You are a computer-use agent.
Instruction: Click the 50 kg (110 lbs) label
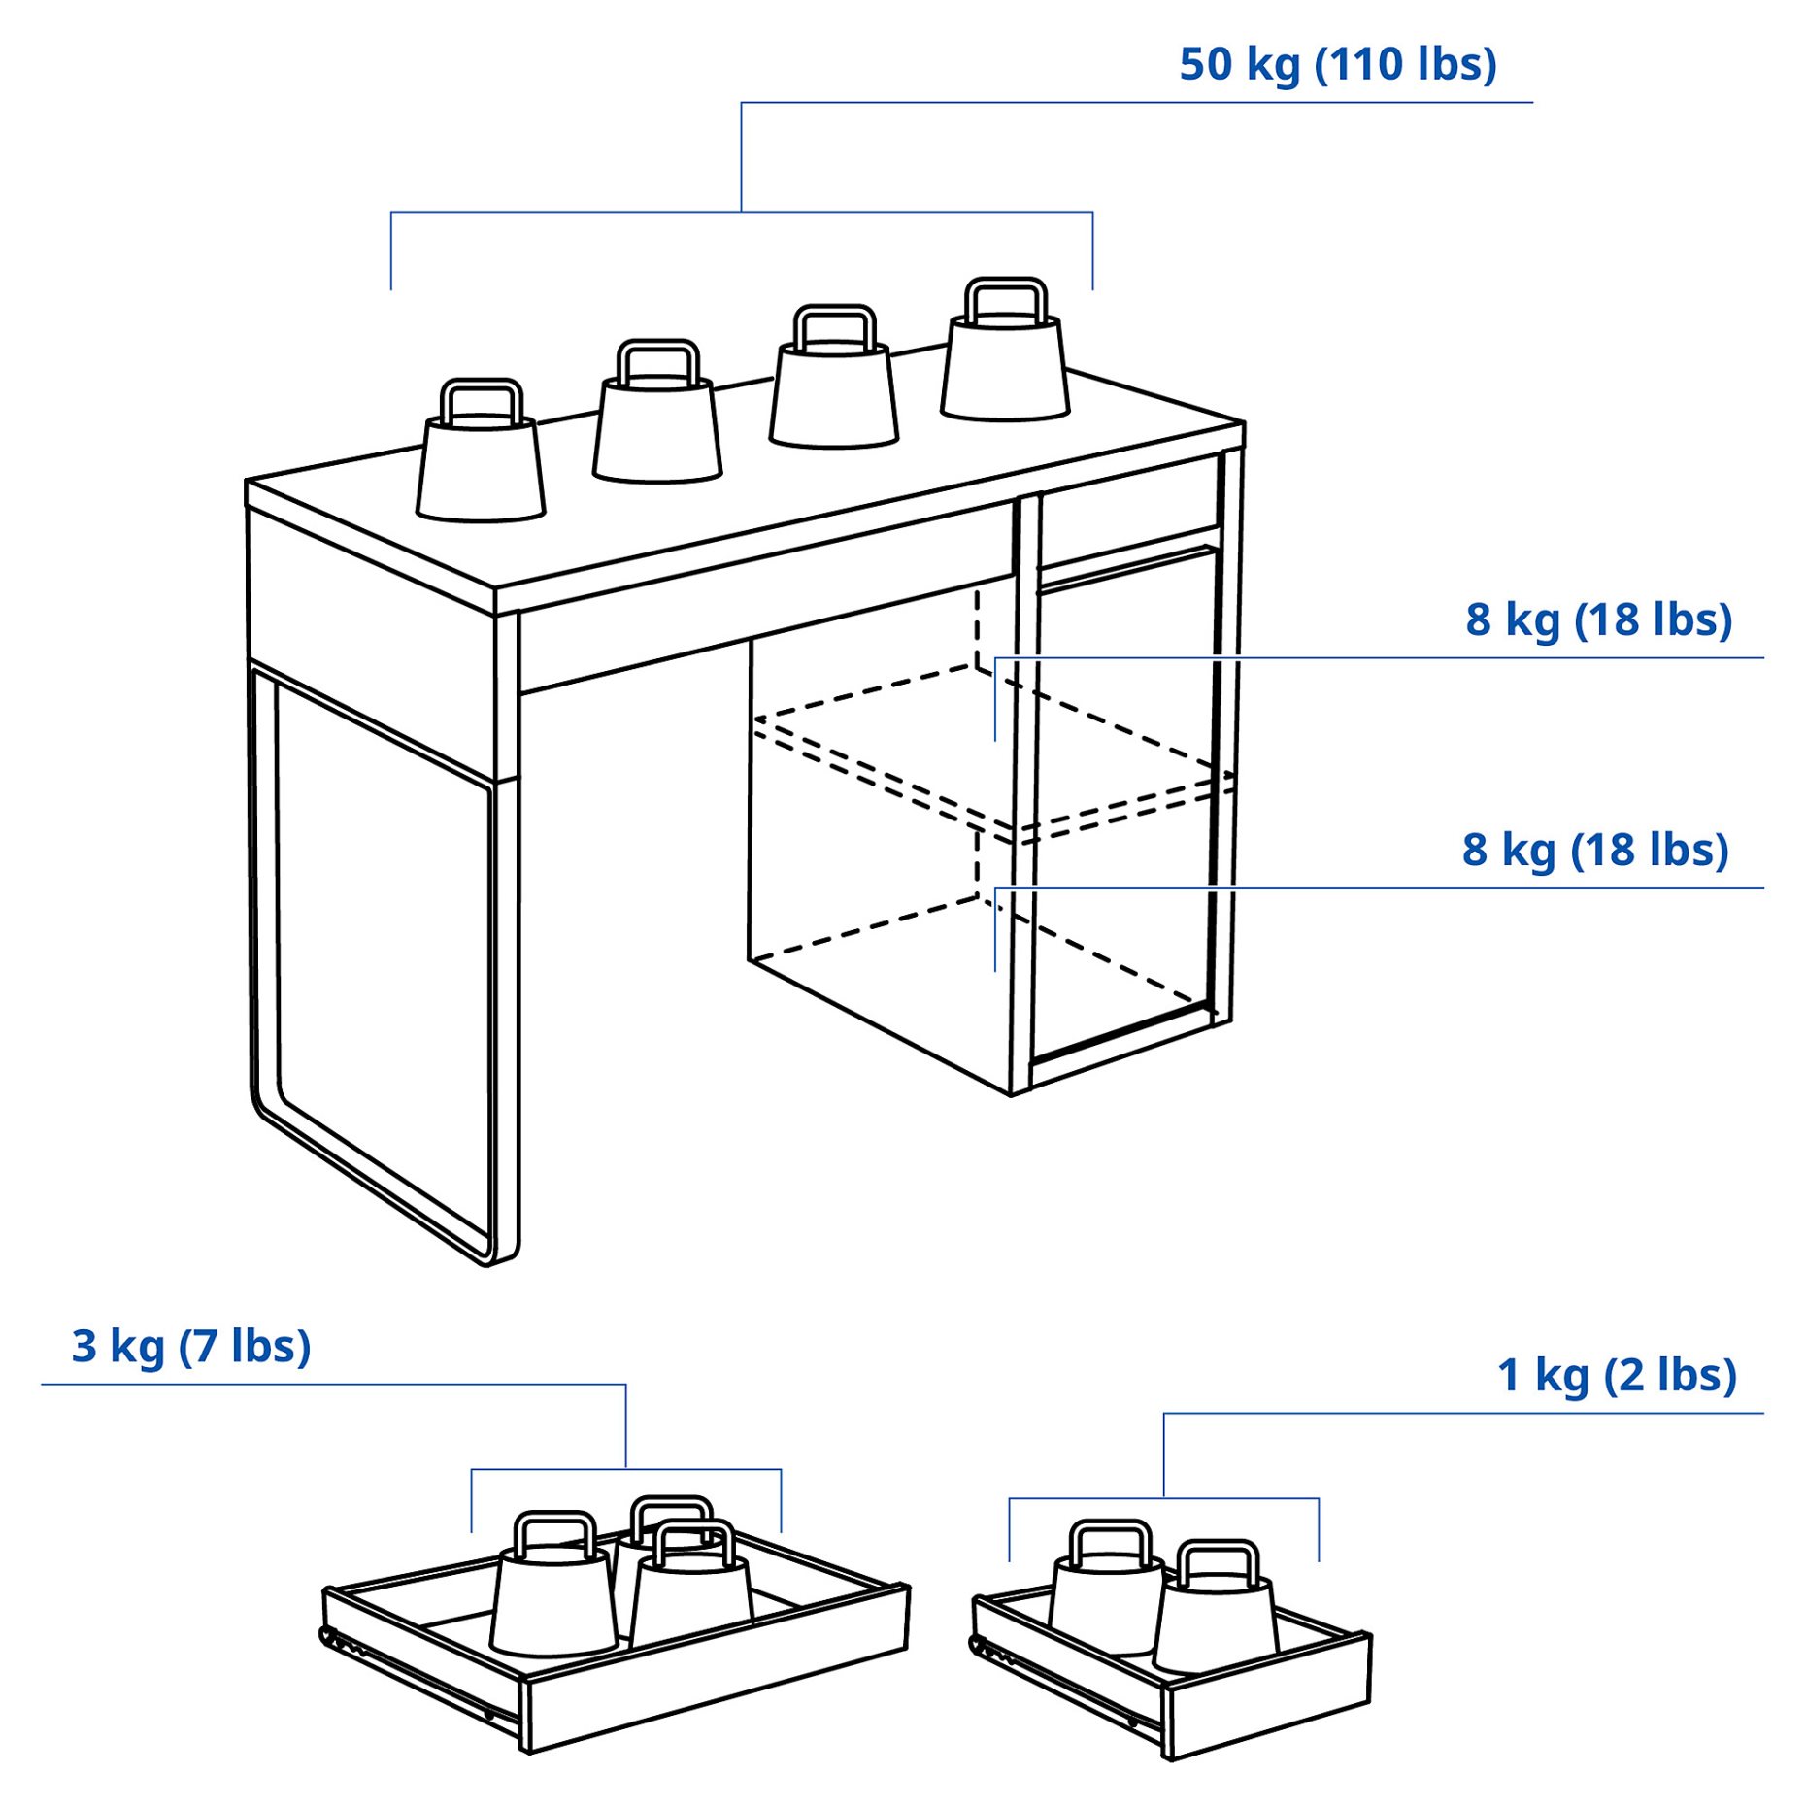[x=1337, y=65]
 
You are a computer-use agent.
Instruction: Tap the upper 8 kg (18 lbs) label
[x=1598, y=619]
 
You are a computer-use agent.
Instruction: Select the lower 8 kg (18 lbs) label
[x=1595, y=850]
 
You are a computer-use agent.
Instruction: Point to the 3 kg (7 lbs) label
[x=191, y=1347]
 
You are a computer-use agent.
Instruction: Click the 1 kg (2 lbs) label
[x=1617, y=1375]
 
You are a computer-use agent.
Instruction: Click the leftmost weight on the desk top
[x=481, y=451]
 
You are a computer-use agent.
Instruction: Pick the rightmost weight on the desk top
[x=1005, y=350]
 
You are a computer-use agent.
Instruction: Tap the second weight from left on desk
[x=657, y=411]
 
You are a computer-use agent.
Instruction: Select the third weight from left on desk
[x=833, y=377]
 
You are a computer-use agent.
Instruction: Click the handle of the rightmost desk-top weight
[x=1005, y=301]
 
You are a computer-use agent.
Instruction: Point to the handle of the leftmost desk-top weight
[x=481, y=401]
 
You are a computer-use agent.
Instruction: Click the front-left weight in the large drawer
[x=553, y=1584]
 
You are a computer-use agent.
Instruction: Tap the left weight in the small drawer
[x=1108, y=1588]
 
